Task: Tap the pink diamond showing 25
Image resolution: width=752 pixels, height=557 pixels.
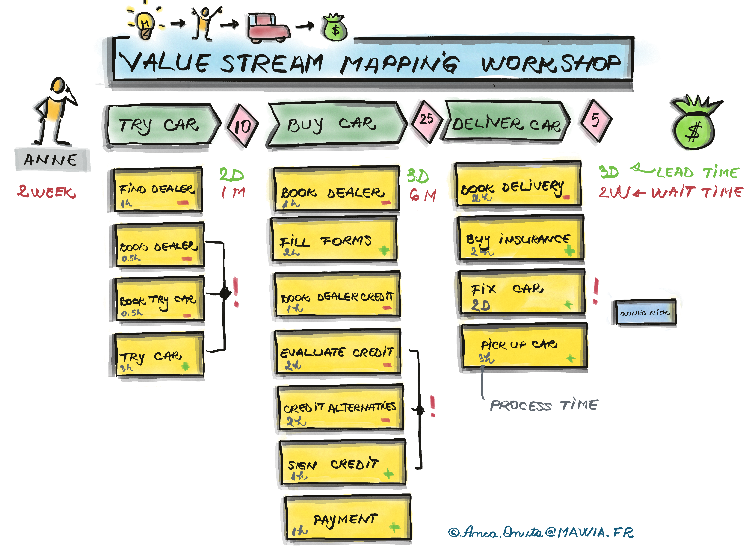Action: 426,120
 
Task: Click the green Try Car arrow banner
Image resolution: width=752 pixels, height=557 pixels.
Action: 160,125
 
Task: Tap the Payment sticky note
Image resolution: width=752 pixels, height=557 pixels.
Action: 347,519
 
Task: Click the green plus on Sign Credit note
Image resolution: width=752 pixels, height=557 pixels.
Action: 389,474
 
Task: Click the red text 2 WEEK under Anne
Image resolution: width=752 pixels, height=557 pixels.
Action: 46,191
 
